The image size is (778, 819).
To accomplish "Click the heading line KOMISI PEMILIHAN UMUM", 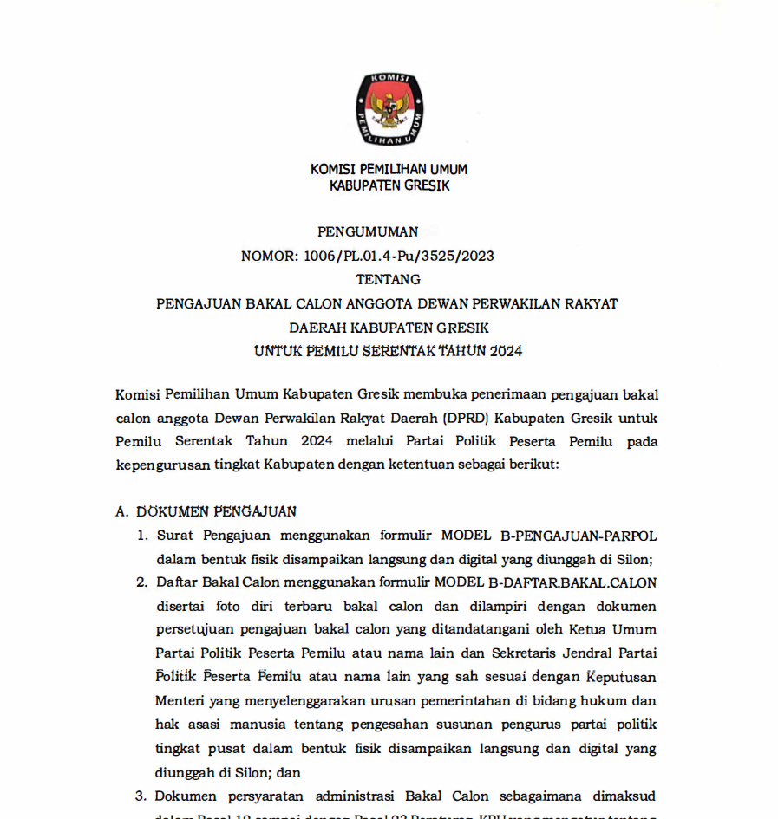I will [389, 169].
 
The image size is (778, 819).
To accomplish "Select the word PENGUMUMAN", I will [368, 231].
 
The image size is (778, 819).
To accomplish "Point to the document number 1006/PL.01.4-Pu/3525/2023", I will [398, 256].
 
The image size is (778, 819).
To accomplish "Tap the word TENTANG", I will [389, 279].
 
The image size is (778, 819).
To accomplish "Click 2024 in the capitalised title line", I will [506, 352].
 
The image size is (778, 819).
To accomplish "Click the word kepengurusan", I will [164, 465].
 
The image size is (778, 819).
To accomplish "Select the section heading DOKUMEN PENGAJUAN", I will [217, 511].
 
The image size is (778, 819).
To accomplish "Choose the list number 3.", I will [141, 796].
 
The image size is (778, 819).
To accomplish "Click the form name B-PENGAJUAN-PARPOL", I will [572, 536].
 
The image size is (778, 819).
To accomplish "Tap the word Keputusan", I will [622, 675].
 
